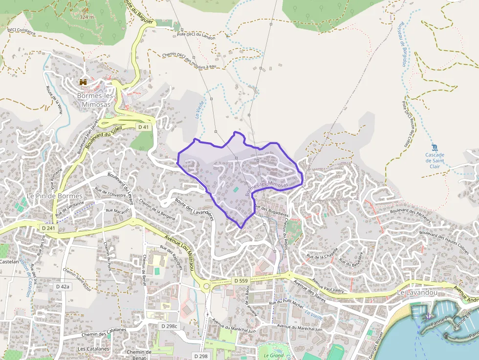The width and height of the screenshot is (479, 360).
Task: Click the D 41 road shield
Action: point(143,127)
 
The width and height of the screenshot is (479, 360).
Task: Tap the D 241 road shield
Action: point(48,228)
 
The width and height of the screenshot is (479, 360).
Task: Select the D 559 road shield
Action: point(241,280)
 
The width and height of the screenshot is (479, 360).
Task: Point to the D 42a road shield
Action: point(63,286)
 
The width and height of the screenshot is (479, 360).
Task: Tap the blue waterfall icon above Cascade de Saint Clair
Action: point(435,148)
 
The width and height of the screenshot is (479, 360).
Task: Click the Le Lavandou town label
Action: point(416,292)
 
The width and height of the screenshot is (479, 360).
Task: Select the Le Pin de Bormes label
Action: point(48,196)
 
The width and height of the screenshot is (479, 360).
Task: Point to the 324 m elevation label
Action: point(86,17)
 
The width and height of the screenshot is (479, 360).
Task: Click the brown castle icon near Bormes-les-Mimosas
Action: point(83,82)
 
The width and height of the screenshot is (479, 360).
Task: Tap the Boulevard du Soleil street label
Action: point(104,138)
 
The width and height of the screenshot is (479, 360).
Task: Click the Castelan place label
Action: point(9,262)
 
